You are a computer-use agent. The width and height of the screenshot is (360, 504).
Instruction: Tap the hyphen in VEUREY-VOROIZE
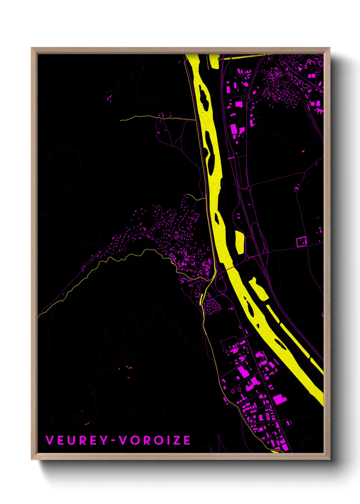point(113,440)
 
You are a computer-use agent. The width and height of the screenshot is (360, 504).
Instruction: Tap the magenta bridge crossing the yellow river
point(229,269)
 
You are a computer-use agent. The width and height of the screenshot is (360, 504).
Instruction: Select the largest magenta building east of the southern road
point(280,399)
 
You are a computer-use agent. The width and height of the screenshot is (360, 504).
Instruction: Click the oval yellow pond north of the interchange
point(240,242)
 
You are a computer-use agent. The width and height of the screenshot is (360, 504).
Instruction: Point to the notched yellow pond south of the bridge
point(258,289)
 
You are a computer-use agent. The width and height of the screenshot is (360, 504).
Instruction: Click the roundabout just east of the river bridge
point(247,259)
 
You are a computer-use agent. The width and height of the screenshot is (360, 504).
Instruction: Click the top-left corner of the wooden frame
point(32,48)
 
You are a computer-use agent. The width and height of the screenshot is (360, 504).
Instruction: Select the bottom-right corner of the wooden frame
point(329,459)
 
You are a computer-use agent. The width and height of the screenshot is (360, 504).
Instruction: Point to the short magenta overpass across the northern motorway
point(231,158)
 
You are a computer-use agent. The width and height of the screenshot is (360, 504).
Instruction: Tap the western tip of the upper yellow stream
point(121,120)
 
